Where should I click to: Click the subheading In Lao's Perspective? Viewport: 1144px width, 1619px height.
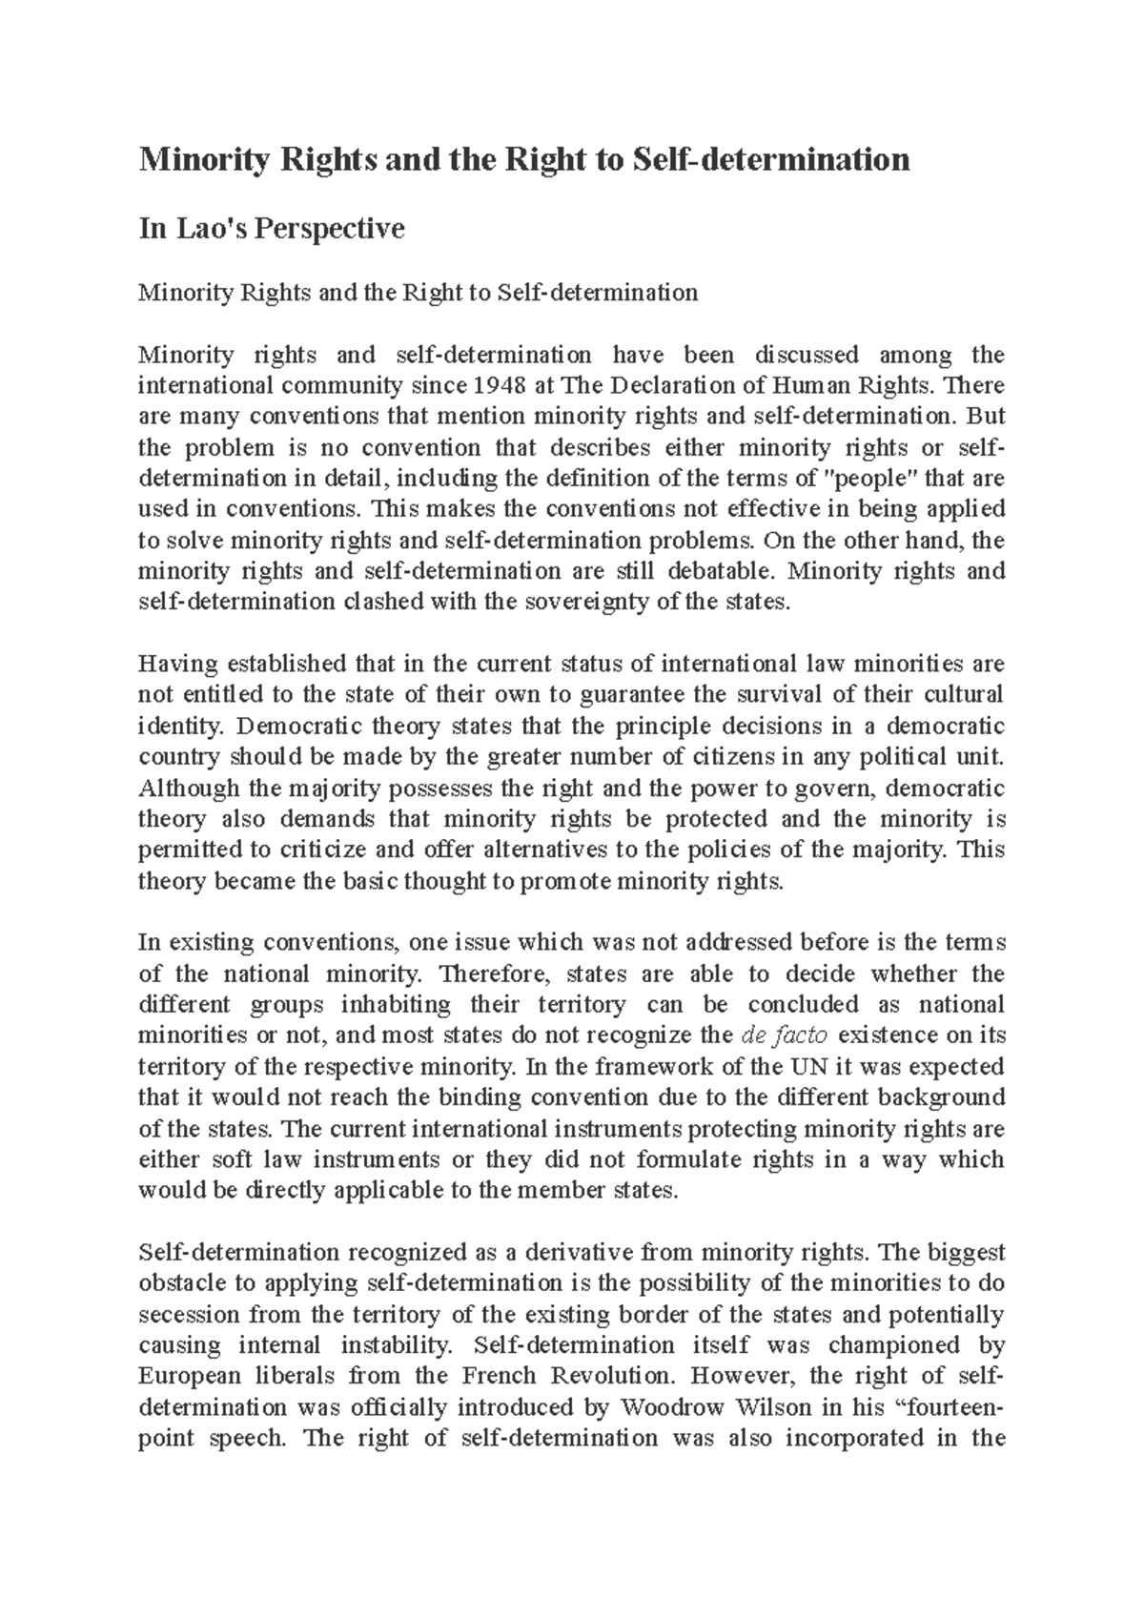click(x=272, y=229)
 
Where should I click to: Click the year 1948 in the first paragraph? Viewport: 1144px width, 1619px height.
click(x=505, y=386)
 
